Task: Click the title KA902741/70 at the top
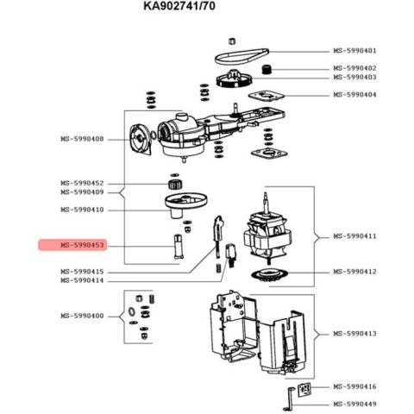click(x=179, y=6)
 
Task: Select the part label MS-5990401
click(x=354, y=51)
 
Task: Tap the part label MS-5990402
click(x=354, y=68)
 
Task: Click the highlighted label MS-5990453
click(x=82, y=245)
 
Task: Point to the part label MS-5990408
click(x=82, y=140)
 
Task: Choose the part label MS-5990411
click(x=354, y=236)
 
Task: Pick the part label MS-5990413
click(x=354, y=334)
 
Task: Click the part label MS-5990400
click(x=82, y=316)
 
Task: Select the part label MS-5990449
click(x=354, y=405)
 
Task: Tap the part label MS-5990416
click(x=354, y=386)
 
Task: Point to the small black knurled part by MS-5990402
click(x=267, y=69)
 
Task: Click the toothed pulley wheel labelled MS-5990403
click(x=234, y=78)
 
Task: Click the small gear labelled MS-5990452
click(x=175, y=184)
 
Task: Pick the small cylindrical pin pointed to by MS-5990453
click(x=179, y=246)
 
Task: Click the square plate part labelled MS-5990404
click(x=266, y=96)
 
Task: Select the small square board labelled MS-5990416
click(x=304, y=389)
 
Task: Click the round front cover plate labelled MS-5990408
click(x=140, y=140)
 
